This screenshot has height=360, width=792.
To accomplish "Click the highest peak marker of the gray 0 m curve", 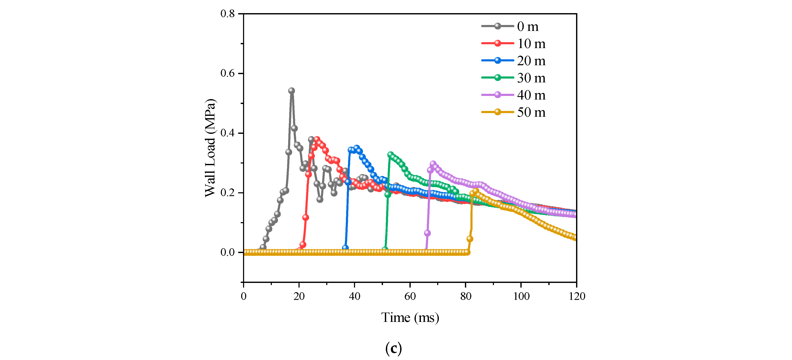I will tap(292, 91).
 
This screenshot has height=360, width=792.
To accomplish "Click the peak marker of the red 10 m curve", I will tap(317, 140).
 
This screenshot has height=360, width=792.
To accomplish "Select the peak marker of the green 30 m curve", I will tap(390, 155).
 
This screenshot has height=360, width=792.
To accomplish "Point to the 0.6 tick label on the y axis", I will tap(228, 73).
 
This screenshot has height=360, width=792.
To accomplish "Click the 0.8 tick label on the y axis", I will tap(228, 14).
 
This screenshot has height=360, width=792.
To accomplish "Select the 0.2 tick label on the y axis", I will tap(228, 193).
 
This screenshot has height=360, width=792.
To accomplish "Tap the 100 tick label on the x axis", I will tap(521, 296).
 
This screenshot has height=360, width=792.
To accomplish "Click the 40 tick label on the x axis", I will tap(354, 296).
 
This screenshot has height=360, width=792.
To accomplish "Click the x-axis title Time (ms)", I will tap(410, 318).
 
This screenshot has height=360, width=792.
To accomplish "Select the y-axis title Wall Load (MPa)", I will tap(210, 148).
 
